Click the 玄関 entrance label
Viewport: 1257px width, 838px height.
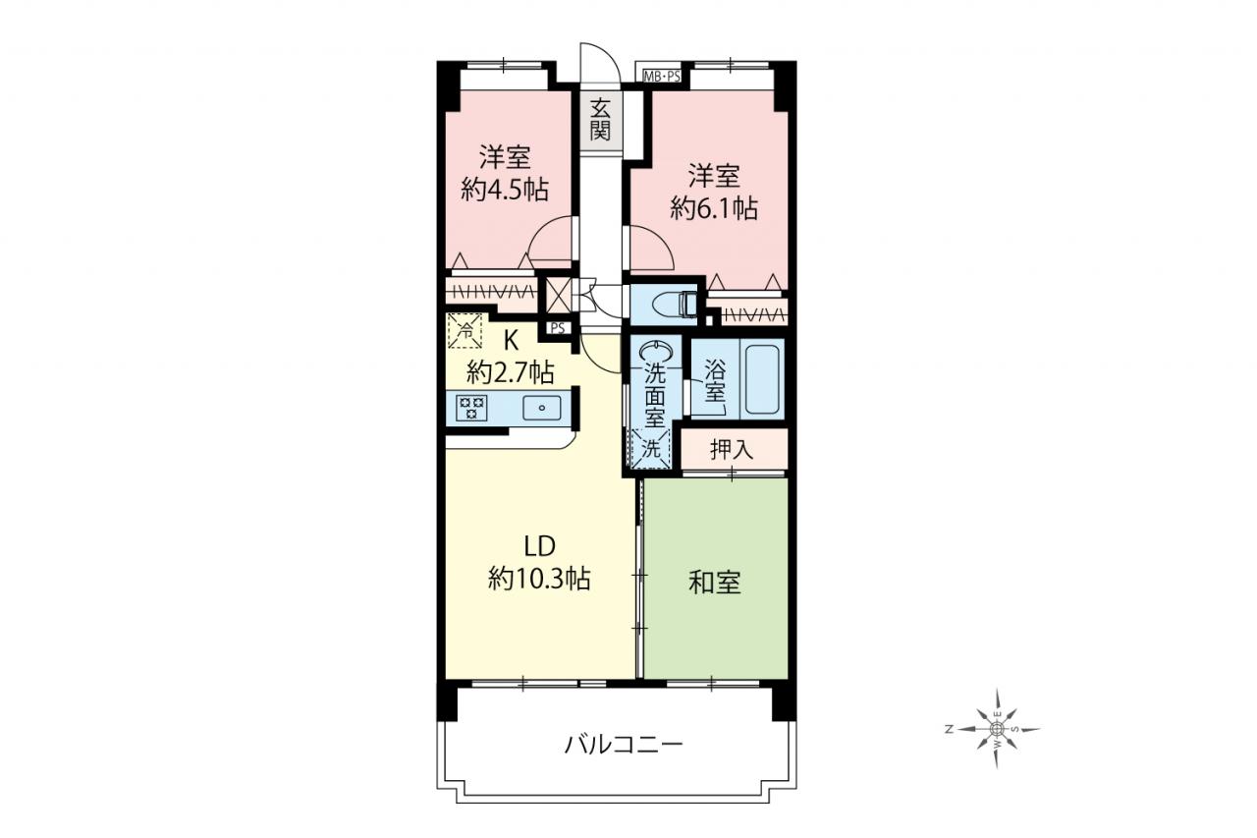point(600,120)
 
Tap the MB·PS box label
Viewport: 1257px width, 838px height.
point(662,77)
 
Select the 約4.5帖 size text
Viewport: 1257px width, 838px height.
point(505,190)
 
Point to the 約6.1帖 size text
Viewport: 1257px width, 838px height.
point(714,209)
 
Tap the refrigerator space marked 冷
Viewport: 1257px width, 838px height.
point(465,331)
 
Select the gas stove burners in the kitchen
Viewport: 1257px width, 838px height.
point(471,407)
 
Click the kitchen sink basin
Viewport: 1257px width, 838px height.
point(541,408)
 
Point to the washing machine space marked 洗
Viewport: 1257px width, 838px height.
point(651,448)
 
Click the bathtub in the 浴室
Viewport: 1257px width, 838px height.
point(762,378)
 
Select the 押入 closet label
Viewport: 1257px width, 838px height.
point(732,450)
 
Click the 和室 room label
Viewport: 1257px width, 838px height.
point(714,583)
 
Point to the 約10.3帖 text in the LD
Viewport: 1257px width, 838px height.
point(539,578)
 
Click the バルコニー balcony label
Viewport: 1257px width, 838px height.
point(624,746)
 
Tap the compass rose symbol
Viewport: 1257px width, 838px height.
point(997,729)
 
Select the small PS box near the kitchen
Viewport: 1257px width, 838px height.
point(557,328)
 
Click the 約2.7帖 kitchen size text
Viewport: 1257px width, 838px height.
point(511,371)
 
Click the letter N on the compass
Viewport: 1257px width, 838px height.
point(949,729)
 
